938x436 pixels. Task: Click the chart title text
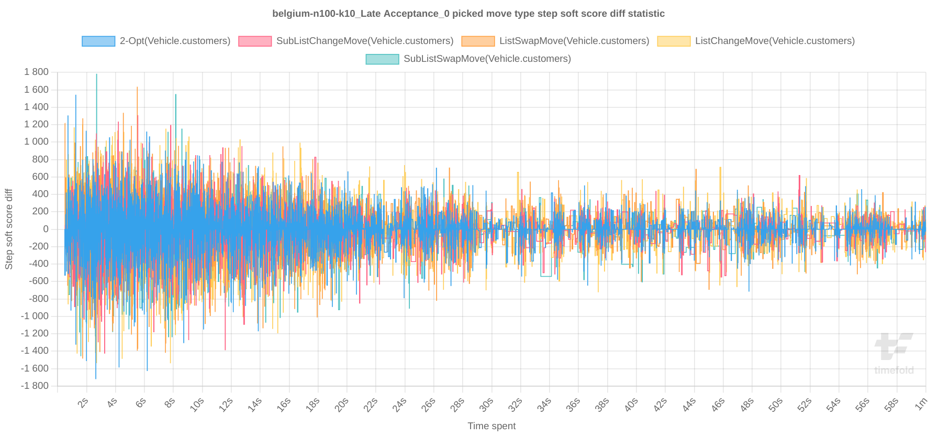(x=468, y=14)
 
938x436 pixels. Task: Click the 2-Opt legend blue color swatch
(x=98, y=41)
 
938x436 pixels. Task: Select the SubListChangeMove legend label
(x=364, y=41)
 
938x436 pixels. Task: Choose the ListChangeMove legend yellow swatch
(x=674, y=41)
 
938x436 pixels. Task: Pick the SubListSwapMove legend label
(x=487, y=59)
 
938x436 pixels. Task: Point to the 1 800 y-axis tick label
(x=36, y=72)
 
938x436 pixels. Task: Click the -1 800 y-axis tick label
(x=35, y=386)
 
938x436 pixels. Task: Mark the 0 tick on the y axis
(x=46, y=229)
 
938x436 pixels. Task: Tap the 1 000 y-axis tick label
(x=36, y=141)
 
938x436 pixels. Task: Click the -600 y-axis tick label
(x=38, y=281)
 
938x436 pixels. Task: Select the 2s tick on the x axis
(x=83, y=403)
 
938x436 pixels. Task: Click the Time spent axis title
(x=491, y=426)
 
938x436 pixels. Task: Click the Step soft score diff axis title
(x=9, y=229)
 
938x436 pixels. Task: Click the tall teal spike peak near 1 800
(x=96, y=75)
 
